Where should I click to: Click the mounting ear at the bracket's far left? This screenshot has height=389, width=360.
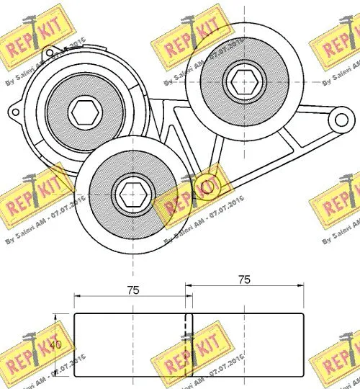click(14, 112)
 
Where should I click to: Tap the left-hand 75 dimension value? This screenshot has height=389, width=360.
click(131, 290)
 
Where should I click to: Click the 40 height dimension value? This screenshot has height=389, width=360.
click(55, 344)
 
